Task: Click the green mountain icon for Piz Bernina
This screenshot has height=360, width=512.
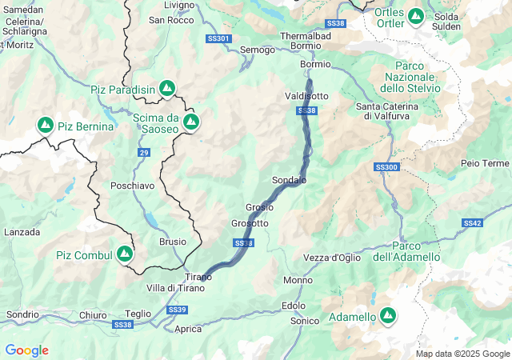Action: click(46, 126)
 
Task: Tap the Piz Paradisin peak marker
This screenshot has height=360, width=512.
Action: click(167, 87)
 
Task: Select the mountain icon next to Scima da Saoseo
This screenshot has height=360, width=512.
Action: click(191, 122)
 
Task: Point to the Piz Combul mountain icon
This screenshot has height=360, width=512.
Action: click(124, 254)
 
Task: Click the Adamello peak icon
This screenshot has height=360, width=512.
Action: click(388, 317)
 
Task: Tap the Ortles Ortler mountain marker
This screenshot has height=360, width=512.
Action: click(416, 15)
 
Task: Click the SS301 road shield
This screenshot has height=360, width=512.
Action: click(218, 38)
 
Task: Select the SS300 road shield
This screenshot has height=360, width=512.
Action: click(386, 167)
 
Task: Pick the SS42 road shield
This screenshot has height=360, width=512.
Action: click(472, 223)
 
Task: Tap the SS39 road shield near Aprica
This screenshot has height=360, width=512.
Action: click(178, 310)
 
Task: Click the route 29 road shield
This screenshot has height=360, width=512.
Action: click(143, 152)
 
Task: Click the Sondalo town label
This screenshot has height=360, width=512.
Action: click(289, 181)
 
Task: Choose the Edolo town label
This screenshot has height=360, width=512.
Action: click(294, 306)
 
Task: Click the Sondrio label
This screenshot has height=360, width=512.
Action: click(22, 314)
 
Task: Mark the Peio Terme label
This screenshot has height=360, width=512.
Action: click(485, 163)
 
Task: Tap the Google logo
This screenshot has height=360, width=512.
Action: click(26, 350)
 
